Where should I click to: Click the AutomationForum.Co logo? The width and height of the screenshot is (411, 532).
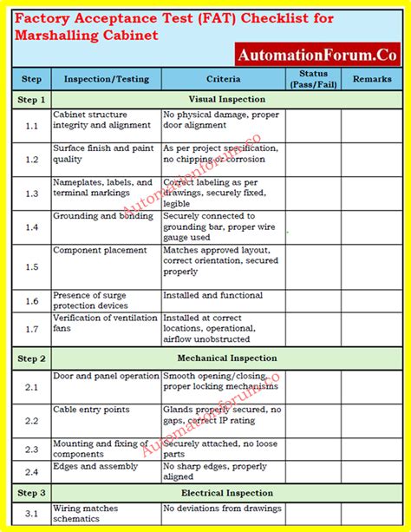click(x=316, y=53)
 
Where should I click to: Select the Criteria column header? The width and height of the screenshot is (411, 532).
click(x=223, y=79)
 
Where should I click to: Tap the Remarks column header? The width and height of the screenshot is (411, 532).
click(x=371, y=79)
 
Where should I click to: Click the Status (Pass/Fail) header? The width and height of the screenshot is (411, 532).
click(x=314, y=79)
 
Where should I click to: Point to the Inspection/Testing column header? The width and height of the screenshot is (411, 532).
click(x=107, y=79)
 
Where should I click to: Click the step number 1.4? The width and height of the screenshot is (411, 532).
click(x=32, y=227)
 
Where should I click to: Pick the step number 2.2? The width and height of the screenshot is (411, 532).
click(x=32, y=420)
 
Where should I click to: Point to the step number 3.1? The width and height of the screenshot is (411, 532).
click(x=32, y=513)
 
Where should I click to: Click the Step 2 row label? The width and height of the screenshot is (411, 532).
click(x=31, y=358)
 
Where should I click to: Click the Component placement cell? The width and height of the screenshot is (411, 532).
click(x=100, y=251)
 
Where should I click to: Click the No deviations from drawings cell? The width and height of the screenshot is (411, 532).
click(x=222, y=509)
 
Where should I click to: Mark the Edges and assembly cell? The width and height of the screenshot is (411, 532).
click(x=95, y=466)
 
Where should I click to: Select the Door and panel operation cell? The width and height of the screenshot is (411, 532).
click(x=106, y=376)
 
